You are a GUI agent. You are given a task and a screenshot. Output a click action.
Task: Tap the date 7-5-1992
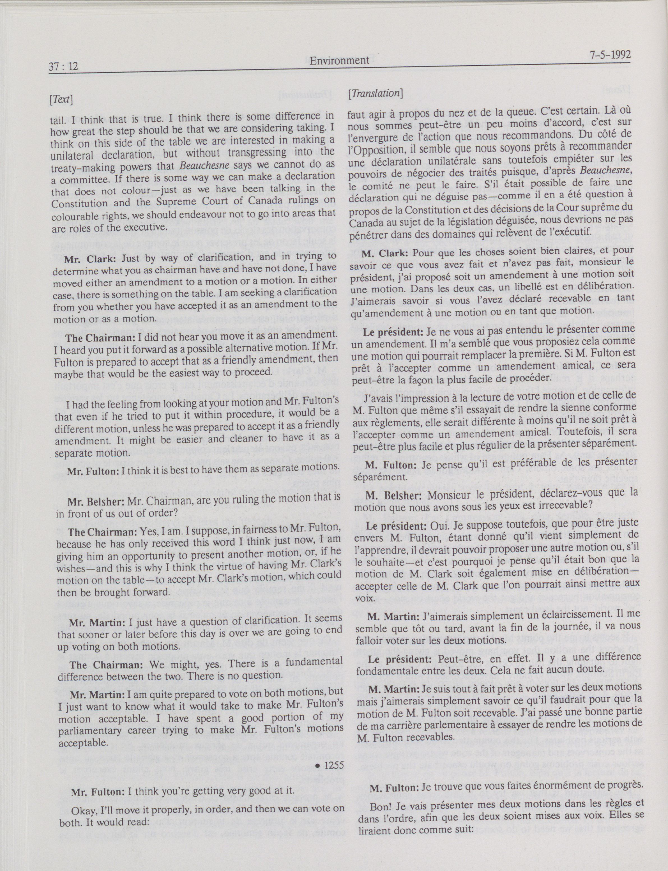pos(605,54)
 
